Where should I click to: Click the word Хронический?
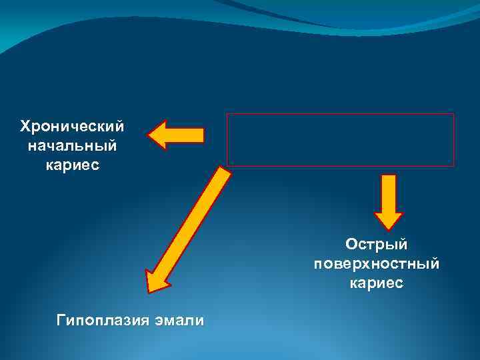click(72, 126)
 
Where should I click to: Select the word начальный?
click(72, 145)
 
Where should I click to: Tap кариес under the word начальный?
click(72, 164)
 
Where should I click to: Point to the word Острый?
click(376, 245)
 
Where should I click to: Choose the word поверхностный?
click(376, 264)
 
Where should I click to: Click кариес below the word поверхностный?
click(376, 283)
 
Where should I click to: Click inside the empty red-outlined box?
click(340, 139)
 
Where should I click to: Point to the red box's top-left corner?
click(228, 114)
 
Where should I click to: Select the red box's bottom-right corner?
click(453, 165)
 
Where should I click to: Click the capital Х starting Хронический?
click(25, 126)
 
